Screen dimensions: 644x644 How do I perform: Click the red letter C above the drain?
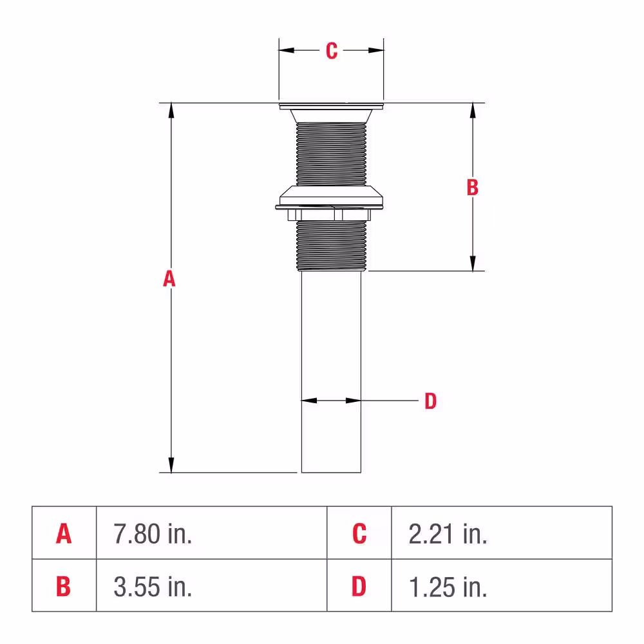point(332,51)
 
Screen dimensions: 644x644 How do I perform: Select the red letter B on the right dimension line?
point(473,187)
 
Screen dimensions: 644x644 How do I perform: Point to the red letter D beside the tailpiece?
point(430,401)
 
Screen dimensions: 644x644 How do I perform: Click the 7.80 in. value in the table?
point(153,534)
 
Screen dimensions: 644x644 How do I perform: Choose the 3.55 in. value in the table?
point(153,587)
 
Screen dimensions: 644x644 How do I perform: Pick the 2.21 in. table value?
point(448,534)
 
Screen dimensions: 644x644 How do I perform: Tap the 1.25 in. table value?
point(448,587)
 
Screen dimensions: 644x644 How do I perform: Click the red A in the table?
point(64,533)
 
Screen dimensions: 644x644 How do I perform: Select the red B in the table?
point(63,586)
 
